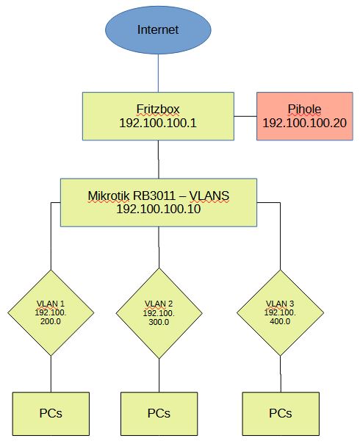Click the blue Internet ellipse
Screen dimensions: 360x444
[x=158, y=30]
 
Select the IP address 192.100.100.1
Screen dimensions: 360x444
[x=158, y=123]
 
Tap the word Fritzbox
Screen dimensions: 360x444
[x=158, y=110]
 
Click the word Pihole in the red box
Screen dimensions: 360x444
[x=304, y=110]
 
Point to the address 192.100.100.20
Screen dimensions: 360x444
[x=304, y=123]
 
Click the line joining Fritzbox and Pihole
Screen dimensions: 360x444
[x=245, y=116]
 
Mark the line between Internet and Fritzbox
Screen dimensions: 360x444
[x=158, y=73]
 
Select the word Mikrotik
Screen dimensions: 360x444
[x=109, y=196]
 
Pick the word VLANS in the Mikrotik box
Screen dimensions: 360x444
[x=209, y=196]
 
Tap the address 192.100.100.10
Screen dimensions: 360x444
[x=159, y=209]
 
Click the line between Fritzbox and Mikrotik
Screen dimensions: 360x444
[x=159, y=160]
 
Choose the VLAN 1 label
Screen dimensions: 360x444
[x=51, y=304]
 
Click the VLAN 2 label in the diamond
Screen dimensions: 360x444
[x=159, y=304]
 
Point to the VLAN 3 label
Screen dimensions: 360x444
[x=280, y=304]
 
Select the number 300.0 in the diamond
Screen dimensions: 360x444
[x=159, y=322]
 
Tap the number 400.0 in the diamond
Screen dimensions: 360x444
[x=280, y=321]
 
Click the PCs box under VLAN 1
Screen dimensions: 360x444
[x=51, y=414]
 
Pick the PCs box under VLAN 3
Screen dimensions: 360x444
[x=281, y=414]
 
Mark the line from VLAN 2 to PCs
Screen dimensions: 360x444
[x=159, y=376]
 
